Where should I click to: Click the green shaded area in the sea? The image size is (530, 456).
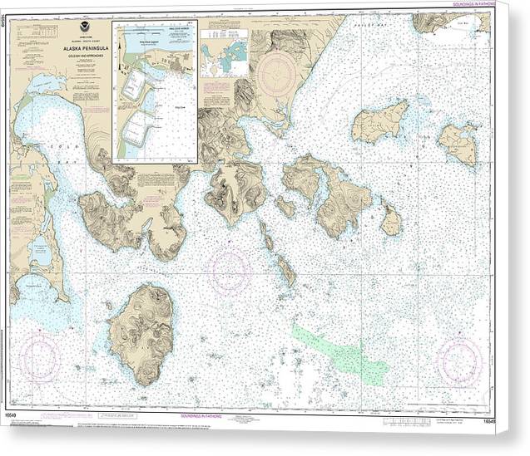click(x=333, y=349)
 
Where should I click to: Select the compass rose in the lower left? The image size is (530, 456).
click(x=40, y=357)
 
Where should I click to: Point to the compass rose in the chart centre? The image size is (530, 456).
click(x=230, y=271)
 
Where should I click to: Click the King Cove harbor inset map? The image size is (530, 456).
click(x=154, y=91)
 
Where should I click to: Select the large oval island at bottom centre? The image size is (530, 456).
click(x=146, y=332)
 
